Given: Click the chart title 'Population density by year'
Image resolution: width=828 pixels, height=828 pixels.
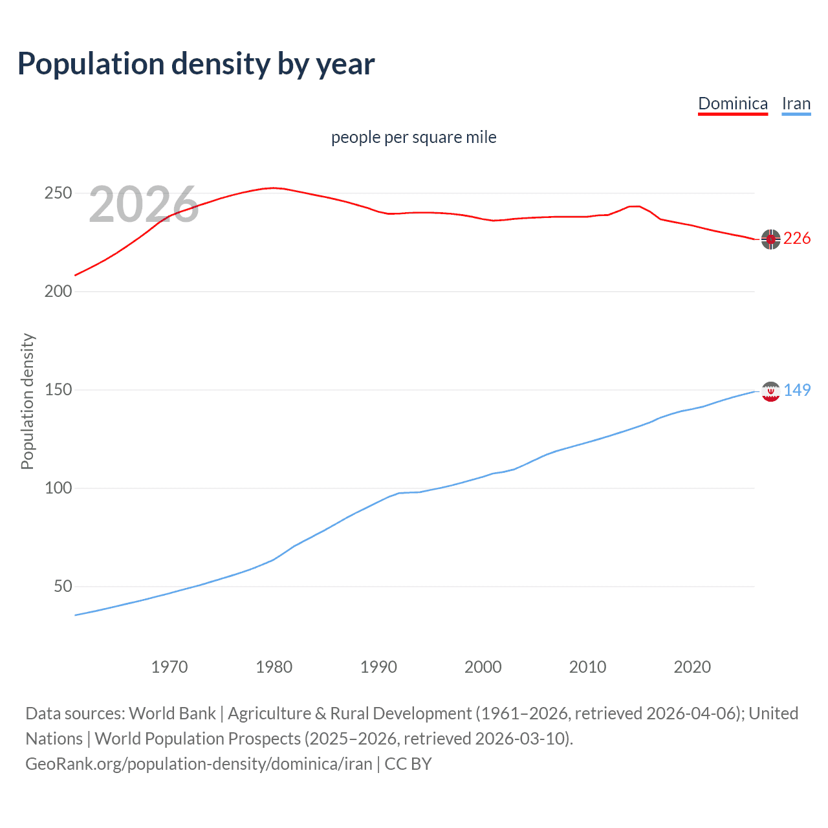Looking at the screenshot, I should pyautogui.click(x=196, y=64).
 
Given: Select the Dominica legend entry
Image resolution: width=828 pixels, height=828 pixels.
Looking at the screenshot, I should pyautogui.click(x=732, y=103).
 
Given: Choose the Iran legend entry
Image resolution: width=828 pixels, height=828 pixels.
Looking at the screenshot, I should pyautogui.click(x=796, y=103).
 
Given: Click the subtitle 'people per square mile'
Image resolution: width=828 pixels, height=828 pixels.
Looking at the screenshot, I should pyautogui.click(x=413, y=137).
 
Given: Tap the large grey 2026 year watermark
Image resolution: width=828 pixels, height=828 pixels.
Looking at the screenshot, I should pyautogui.click(x=144, y=204).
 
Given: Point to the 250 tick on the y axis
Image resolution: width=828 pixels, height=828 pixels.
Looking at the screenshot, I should pyautogui.click(x=58, y=193).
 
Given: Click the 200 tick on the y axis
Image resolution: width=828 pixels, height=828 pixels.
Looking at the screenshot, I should pyautogui.click(x=58, y=292).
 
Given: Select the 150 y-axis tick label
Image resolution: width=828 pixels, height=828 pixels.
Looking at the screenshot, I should pyautogui.click(x=58, y=390).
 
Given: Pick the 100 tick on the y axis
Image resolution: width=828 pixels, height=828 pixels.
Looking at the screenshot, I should pyautogui.click(x=58, y=488).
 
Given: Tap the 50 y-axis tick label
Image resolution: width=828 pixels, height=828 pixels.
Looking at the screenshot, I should pyautogui.click(x=62, y=587).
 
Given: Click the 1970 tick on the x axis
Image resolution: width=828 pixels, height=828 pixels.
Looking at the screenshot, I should pyautogui.click(x=169, y=667).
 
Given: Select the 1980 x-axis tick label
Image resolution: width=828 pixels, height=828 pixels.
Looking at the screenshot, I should pyautogui.click(x=274, y=667).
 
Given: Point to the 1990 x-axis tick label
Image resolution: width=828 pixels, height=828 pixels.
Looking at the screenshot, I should pyautogui.click(x=378, y=667).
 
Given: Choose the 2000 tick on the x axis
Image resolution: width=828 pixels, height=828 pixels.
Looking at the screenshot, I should pyautogui.click(x=483, y=667).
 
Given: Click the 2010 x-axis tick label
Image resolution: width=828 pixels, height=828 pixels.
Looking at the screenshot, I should pyautogui.click(x=587, y=667).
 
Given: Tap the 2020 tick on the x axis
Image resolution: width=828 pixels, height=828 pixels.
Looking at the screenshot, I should pyautogui.click(x=692, y=667).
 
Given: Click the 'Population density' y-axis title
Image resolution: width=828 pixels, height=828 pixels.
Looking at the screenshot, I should pyautogui.click(x=27, y=401).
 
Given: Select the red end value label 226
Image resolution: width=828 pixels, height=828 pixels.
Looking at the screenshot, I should pyautogui.click(x=797, y=239).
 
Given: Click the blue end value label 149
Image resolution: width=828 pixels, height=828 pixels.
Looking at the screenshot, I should pyautogui.click(x=797, y=390).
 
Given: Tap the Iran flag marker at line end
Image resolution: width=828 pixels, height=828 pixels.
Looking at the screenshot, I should pyautogui.click(x=770, y=391).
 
